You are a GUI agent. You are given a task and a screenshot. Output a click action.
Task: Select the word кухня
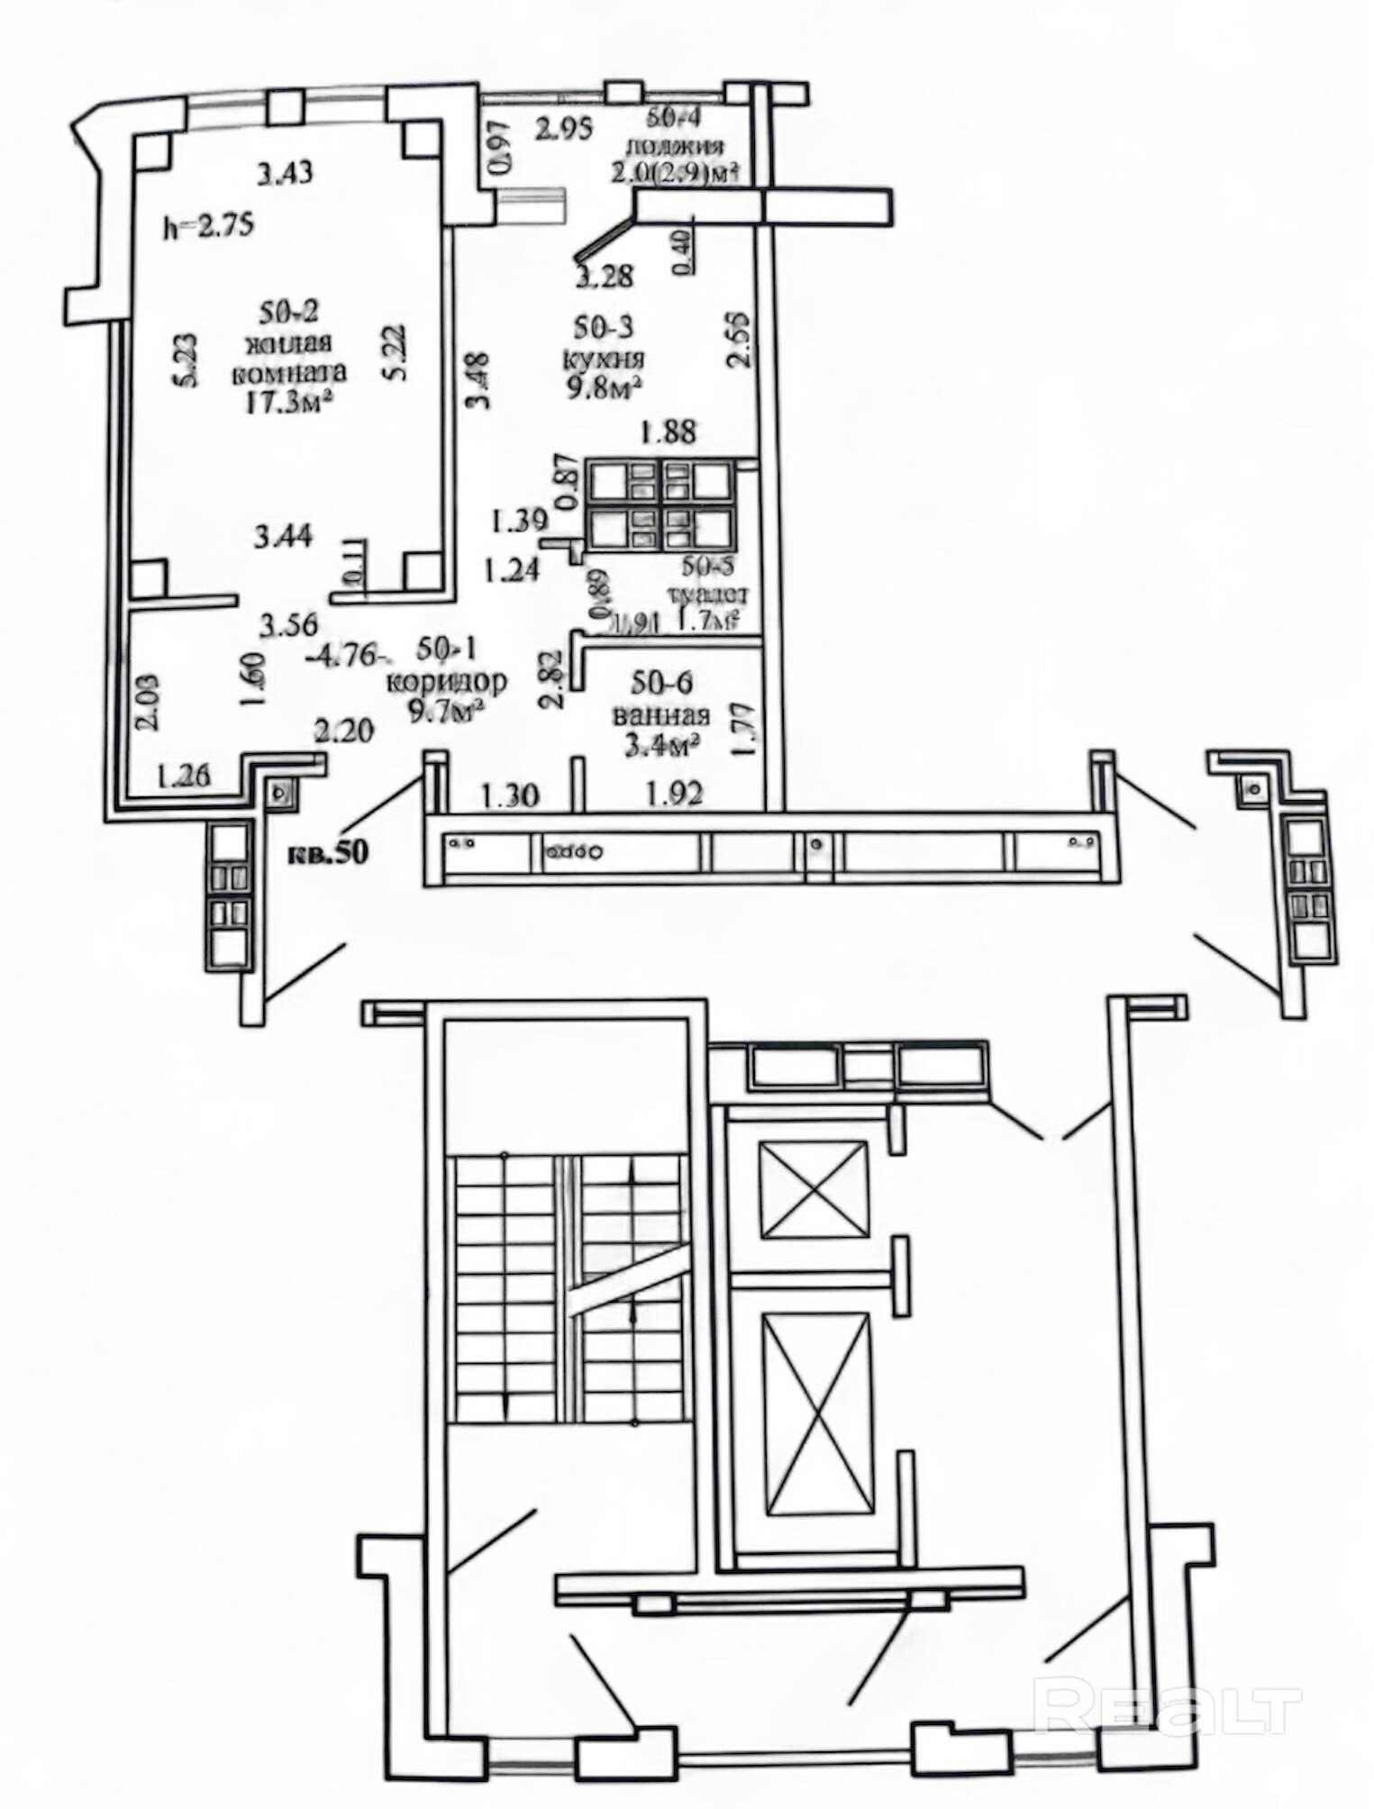click(x=602, y=359)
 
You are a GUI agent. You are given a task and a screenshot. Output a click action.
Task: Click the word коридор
click(x=446, y=681)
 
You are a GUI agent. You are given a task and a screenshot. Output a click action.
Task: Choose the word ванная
click(x=660, y=715)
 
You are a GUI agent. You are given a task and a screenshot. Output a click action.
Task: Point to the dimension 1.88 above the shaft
click(x=668, y=432)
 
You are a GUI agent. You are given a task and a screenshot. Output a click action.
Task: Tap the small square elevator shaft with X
click(x=815, y=1189)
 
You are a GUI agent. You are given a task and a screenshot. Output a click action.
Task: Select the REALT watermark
click(x=1170, y=1704)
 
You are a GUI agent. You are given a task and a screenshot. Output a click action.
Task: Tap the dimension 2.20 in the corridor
click(x=343, y=729)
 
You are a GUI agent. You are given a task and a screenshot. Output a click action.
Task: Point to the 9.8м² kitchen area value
click(x=602, y=387)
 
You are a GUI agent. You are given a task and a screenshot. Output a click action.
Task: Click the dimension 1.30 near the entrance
click(x=511, y=795)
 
